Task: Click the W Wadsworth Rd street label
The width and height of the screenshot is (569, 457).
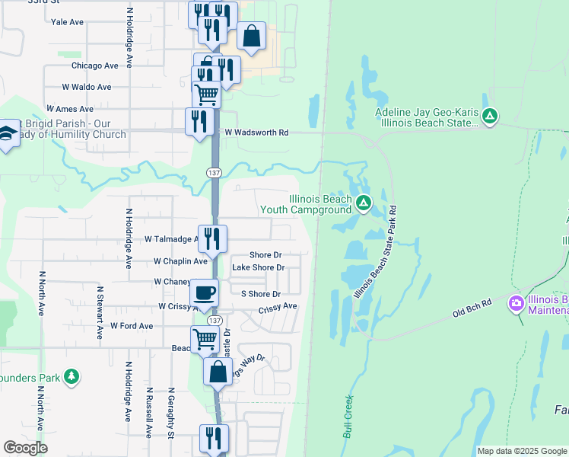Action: tap(256, 133)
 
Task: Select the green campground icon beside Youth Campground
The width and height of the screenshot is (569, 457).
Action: tap(364, 203)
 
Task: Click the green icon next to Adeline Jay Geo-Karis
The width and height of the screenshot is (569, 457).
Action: tap(491, 116)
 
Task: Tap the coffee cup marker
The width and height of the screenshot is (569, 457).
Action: tap(204, 292)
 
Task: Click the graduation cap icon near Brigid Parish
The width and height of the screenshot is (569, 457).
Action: tap(7, 133)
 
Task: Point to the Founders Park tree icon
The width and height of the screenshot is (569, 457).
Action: tap(72, 376)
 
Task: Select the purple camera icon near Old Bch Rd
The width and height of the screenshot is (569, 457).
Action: tap(517, 304)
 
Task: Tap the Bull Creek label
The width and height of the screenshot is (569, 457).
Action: tap(348, 416)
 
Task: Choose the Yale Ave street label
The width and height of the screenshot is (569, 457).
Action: tap(67, 22)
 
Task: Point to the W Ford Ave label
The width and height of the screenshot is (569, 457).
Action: tap(132, 326)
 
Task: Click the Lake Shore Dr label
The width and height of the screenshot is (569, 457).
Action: tap(258, 267)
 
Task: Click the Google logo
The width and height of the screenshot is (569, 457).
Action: tap(25, 448)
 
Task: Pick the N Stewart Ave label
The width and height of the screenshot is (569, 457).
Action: tap(99, 312)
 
